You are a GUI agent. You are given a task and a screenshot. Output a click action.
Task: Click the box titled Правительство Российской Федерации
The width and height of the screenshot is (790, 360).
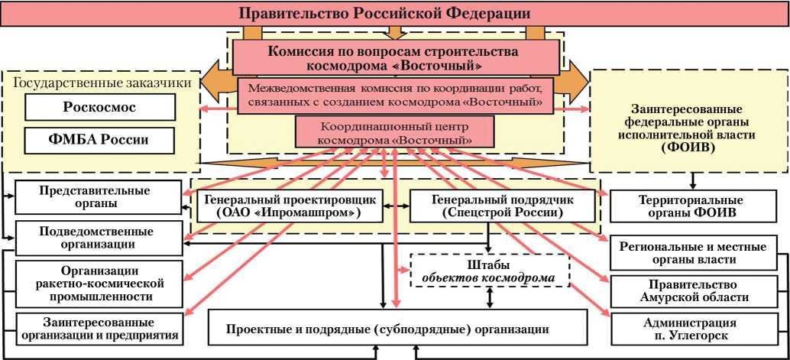pos(395,14)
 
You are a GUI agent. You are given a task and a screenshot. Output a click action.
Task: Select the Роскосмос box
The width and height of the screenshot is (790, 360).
pos(99,107)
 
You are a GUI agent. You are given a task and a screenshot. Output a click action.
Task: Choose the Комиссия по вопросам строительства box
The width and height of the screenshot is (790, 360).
pos(395,57)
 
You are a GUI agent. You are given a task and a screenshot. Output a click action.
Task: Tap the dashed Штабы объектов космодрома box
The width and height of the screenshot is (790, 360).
pos(490,270)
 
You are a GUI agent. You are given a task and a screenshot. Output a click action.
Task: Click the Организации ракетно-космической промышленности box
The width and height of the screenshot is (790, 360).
pos(99,282)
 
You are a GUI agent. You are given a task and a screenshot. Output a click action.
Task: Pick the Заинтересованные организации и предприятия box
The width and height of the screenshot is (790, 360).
pos(99,328)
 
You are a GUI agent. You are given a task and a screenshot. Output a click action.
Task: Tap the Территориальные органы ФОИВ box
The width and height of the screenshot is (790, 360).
pos(691,206)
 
